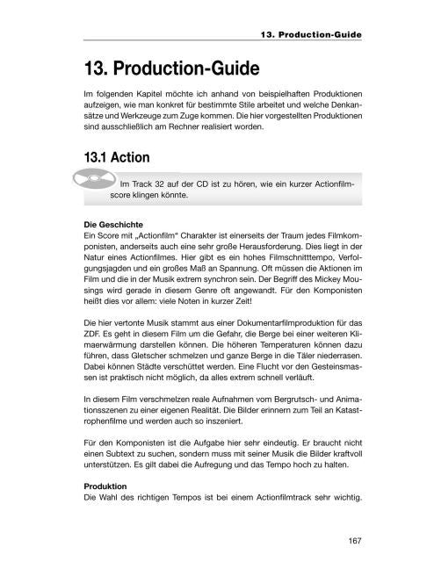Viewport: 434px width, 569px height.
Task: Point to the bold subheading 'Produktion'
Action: (x=103, y=485)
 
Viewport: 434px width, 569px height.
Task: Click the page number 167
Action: (x=354, y=539)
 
